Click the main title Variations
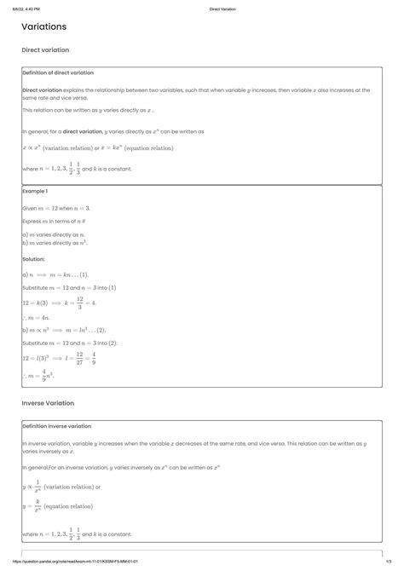point(44,27)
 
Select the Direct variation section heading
point(45,50)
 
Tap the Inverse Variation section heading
point(48,402)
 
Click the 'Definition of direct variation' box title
point(58,73)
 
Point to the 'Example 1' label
point(36,191)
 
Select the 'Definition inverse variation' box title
point(56,425)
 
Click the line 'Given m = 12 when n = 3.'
point(56,208)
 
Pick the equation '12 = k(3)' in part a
point(38,302)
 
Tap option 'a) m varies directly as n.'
point(53,234)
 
